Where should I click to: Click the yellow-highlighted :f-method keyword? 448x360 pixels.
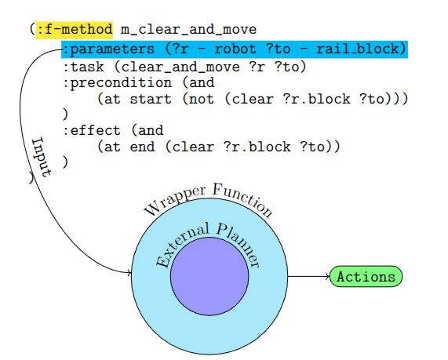[x=75, y=30]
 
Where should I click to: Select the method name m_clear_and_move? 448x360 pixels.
[x=188, y=30]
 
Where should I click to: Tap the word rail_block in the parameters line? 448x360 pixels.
[x=361, y=49]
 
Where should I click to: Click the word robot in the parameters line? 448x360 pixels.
[x=235, y=49]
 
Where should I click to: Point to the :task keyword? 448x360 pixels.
[x=83, y=67]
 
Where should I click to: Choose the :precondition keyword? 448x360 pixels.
[x=117, y=83]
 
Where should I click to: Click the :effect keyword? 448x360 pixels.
[x=92, y=131]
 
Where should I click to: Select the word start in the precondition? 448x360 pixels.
[x=151, y=100]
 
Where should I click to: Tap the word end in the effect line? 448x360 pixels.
[x=142, y=147]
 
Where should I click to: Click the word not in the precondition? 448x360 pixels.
[x=202, y=100]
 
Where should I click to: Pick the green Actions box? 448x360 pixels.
[x=366, y=277]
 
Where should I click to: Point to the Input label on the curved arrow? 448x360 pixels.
[x=42, y=157]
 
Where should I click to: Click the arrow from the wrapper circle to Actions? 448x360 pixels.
[x=308, y=277]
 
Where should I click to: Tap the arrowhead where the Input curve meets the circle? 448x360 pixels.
[x=129, y=273]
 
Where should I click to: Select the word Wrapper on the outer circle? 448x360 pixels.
[x=173, y=200]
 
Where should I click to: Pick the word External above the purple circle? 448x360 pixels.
[x=182, y=243]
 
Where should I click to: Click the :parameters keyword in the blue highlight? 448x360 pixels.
[x=108, y=49]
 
